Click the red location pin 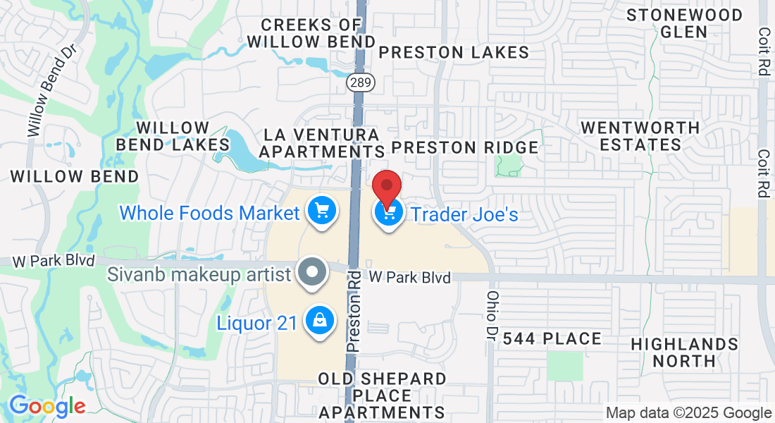point(387,186)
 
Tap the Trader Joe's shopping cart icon point(388,213)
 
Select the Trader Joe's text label point(464,214)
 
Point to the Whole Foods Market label point(210,212)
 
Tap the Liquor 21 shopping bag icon point(320,321)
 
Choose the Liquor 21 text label point(256,324)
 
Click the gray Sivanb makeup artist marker point(311,272)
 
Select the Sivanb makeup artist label point(199,274)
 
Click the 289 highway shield point(361,82)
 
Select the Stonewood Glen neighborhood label point(685,23)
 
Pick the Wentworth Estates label point(640,136)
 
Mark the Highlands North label point(685,352)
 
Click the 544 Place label point(562,339)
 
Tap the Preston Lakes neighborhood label point(454,52)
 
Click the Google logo point(47,406)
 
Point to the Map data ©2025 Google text point(689,413)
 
